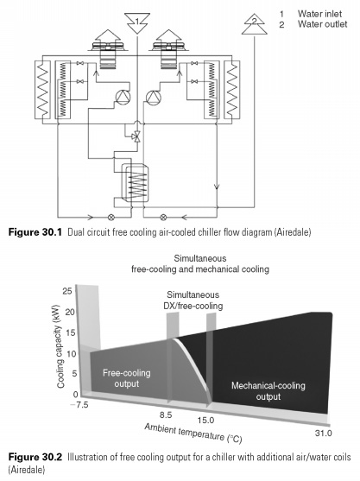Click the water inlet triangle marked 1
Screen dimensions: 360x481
pos(137,23)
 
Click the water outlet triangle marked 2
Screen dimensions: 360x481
pos(254,24)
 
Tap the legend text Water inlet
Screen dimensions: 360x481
pos(319,14)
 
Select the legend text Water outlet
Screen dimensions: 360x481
pos(322,24)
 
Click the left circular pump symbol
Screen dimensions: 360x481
pos(123,98)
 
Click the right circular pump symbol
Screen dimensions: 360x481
pos(154,98)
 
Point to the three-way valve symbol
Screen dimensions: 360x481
pos(136,136)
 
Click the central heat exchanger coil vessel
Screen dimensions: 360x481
pos(135,183)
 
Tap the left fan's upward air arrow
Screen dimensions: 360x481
pos(108,35)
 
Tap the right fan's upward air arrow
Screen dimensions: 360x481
pos(168,35)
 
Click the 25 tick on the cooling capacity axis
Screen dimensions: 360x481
pos(68,290)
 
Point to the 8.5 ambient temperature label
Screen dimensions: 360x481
pos(166,415)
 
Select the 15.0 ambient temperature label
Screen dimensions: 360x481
pos(205,420)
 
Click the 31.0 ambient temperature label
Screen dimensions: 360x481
pos(323,433)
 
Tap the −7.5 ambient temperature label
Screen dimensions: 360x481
pos(79,405)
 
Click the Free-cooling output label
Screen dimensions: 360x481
pos(127,378)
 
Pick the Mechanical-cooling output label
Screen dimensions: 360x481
pos(268,391)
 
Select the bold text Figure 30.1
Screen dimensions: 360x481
pos(35,232)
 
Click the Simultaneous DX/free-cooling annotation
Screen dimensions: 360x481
pos(193,301)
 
